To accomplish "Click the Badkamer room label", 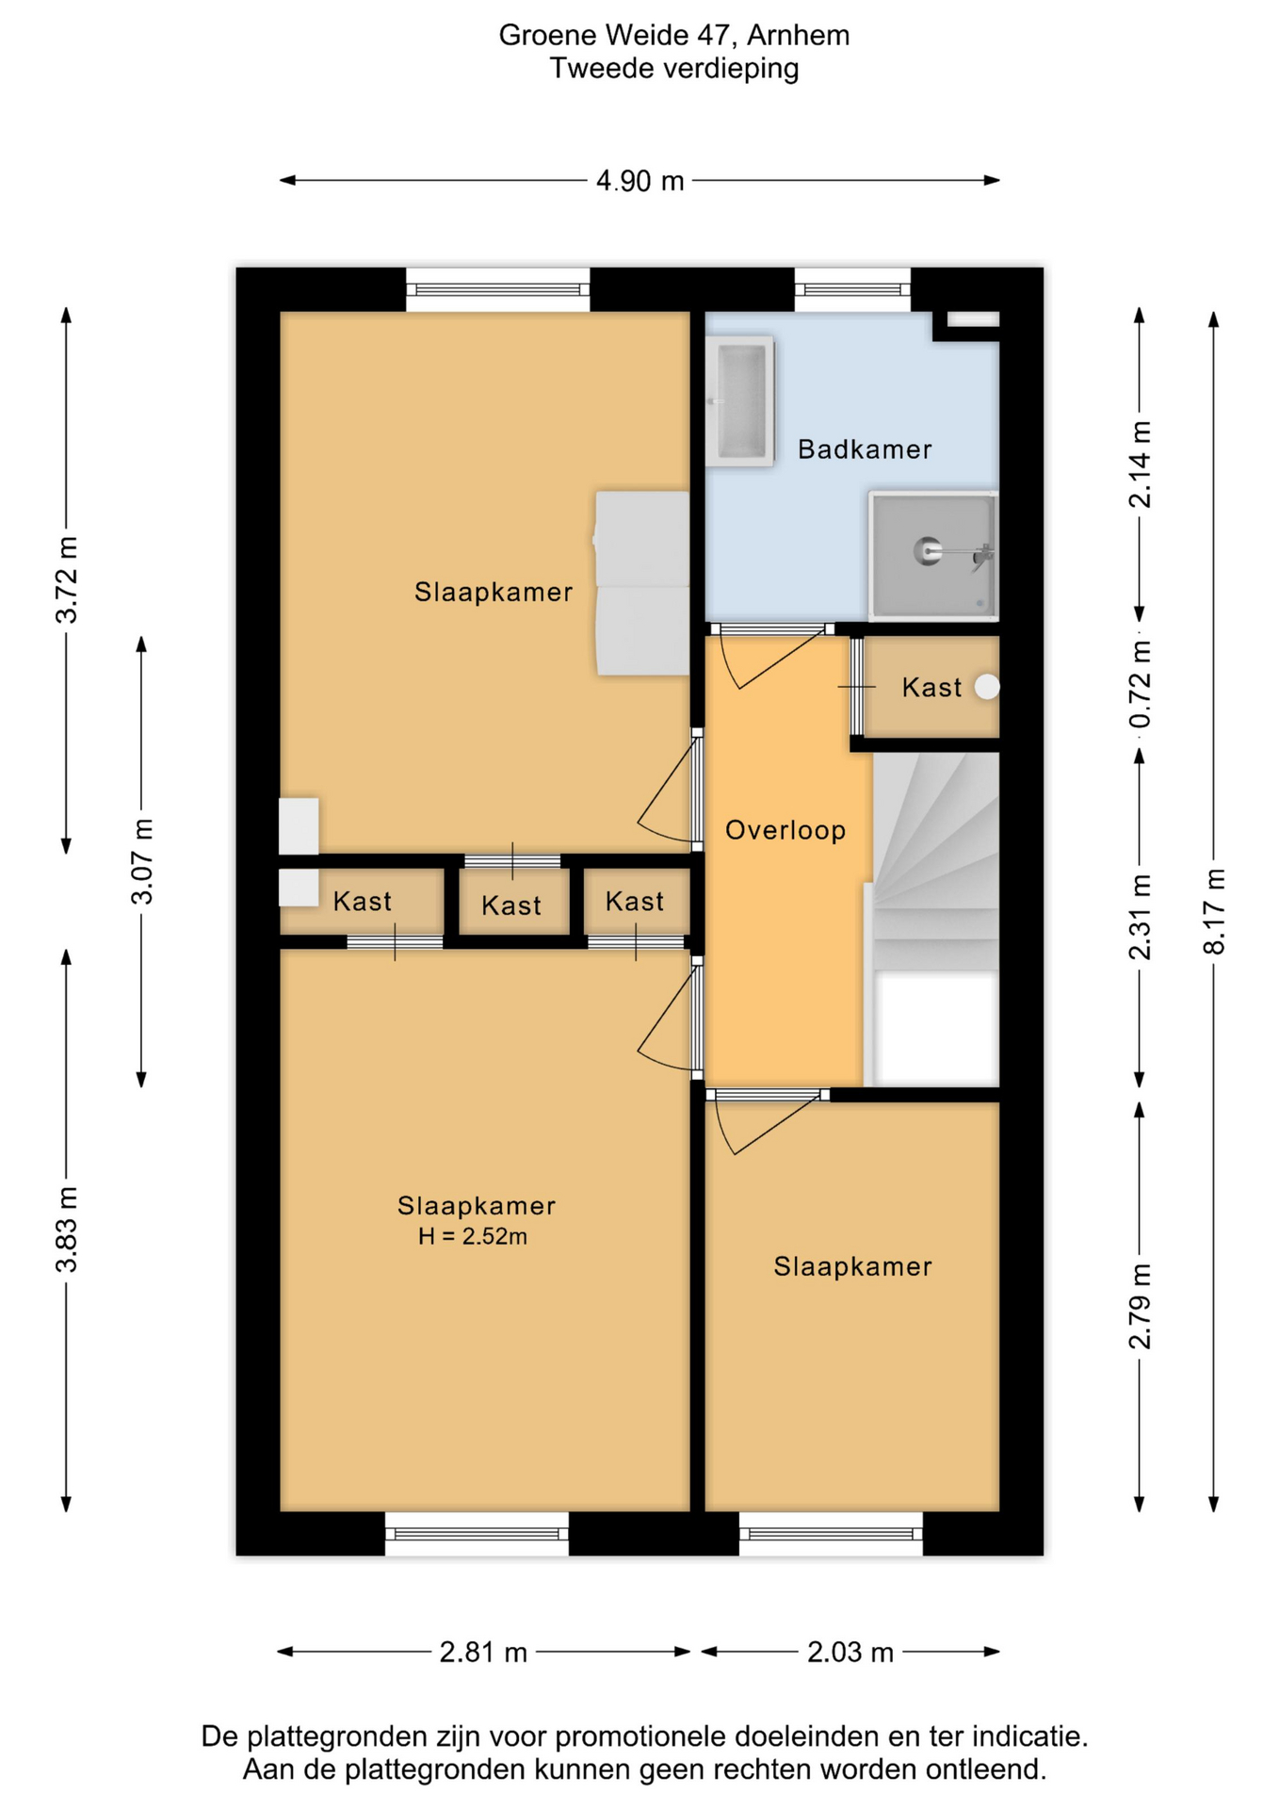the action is pyautogui.click(x=865, y=449).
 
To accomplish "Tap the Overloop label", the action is pyautogui.click(x=785, y=830).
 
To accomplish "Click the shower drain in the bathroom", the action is pyautogui.click(x=928, y=550).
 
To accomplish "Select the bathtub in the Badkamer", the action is pyautogui.click(x=740, y=400).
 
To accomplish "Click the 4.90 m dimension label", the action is pyautogui.click(x=639, y=181).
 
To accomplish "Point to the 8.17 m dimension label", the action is pyautogui.click(x=1214, y=911).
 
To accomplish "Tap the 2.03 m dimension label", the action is pyautogui.click(x=850, y=1652).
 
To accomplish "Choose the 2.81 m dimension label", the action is pyautogui.click(x=483, y=1652).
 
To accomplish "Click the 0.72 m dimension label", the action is pyautogui.click(x=1140, y=684).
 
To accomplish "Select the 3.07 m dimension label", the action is pyautogui.click(x=141, y=861).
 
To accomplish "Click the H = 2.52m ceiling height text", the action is pyautogui.click(x=473, y=1236).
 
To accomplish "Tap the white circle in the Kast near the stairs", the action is pyautogui.click(x=987, y=687).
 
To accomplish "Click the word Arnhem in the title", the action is pyautogui.click(x=799, y=35).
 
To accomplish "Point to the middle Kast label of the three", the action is pyautogui.click(x=511, y=905).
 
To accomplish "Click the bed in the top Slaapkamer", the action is pyautogui.click(x=642, y=582).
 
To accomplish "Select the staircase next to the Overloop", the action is pyautogui.click(x=936, y=919).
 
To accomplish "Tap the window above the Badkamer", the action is pyautogui.click(x=852, y=289).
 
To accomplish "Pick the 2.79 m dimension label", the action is pyautogui.click(x=1140, y=1307).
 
